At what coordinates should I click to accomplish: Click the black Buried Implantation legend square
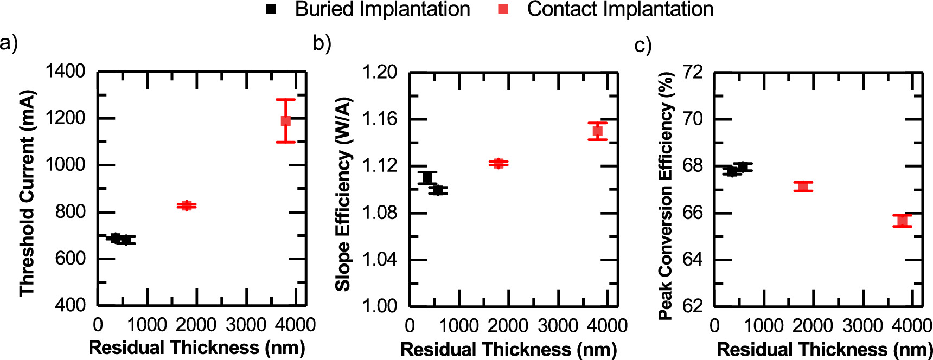click(x=271, y=9)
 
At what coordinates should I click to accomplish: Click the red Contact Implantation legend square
click(x=503, y=9)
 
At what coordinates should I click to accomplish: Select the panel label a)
click(x=9, y=42)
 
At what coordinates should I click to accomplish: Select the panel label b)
click(x=322, y=43)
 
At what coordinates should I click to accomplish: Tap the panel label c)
click(x=643, y=45)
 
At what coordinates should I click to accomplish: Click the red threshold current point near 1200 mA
click(x=285, y=120)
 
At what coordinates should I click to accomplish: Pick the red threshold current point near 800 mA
click(x=187, y=205)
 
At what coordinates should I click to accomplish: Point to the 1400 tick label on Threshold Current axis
click(x=65, y=71)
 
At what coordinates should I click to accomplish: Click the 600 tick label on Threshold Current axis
click(x=70, y=258)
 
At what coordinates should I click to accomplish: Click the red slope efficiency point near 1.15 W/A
click(x=597, y=131)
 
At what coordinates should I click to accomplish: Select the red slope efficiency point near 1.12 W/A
click(x=498, y=163)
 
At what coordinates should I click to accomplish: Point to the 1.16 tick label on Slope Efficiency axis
click(x=379, y=119)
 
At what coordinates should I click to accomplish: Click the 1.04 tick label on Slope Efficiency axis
click(x=379, y=259)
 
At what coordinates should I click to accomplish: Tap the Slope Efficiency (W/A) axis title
click(x=343, y=194)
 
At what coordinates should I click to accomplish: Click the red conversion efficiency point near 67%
click(x=803, y=187)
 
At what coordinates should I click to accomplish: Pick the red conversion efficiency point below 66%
click(x=902, y=221)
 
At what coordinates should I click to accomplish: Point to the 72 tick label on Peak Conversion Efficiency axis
click(x=692, y=72)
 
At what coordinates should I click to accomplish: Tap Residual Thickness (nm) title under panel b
click(x=508, y=350)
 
